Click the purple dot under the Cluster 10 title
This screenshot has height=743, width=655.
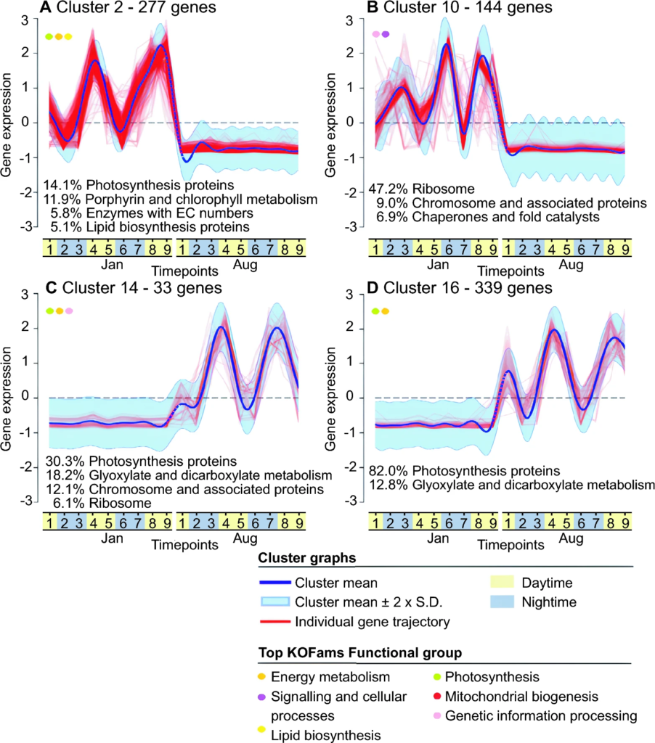pos(386,33)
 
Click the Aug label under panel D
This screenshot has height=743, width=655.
pos(571,539)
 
